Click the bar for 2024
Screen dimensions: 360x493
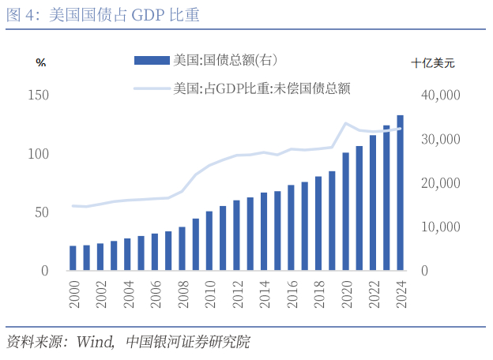coord(400,193)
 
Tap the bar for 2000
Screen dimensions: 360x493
coord(73,258)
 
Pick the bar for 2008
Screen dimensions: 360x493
coord(183,249)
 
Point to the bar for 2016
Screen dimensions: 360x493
coord(291,228)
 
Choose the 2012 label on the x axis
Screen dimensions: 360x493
coord(236,294)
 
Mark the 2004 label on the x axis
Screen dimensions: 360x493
coord(128,294)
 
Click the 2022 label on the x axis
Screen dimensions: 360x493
coord(373,294)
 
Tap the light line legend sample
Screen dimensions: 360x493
coord(152,88)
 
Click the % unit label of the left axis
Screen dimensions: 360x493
coord(41,62)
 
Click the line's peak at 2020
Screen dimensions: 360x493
coord(346,123)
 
